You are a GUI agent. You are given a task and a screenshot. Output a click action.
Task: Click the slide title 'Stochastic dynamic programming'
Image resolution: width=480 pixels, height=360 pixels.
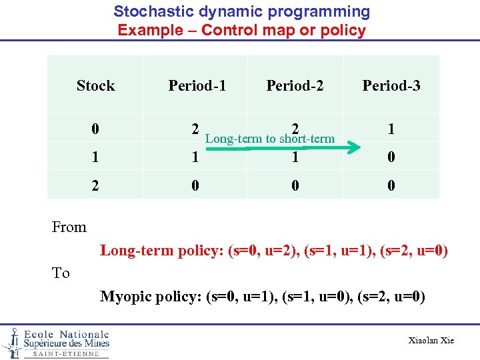coord(241,11)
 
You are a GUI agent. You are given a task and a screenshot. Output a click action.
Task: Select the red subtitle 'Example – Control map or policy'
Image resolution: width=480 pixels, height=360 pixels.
coord(241,30)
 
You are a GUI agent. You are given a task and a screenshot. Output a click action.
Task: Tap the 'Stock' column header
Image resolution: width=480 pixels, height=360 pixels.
coord(95,85)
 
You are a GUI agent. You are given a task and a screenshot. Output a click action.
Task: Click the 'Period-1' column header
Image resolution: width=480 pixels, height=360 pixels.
coord(197,85)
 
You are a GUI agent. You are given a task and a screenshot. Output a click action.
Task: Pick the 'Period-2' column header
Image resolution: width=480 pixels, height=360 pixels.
coord(295,85)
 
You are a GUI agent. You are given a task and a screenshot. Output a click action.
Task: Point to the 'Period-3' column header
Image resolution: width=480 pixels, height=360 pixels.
coord(391,85)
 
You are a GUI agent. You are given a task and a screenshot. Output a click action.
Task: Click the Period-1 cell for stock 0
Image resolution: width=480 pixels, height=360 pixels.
coord(194,129)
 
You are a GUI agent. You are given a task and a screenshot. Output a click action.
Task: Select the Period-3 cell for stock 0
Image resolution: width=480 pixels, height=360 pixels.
coord(391,129)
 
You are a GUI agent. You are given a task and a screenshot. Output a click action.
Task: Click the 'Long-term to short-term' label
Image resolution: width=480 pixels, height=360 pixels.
coord(270,139)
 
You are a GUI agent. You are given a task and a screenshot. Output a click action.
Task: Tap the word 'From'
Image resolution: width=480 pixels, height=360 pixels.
coord(69,227)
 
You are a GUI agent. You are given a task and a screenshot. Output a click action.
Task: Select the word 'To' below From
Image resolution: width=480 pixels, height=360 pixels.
coord(61,273)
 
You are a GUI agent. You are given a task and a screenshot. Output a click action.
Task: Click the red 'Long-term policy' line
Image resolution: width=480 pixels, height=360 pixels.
coord(273,251)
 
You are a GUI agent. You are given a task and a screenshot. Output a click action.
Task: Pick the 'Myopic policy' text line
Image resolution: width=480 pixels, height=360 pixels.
coord(263,297)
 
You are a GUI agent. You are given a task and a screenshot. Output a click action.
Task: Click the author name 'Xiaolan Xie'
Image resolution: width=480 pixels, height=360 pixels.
coord(431,341)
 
